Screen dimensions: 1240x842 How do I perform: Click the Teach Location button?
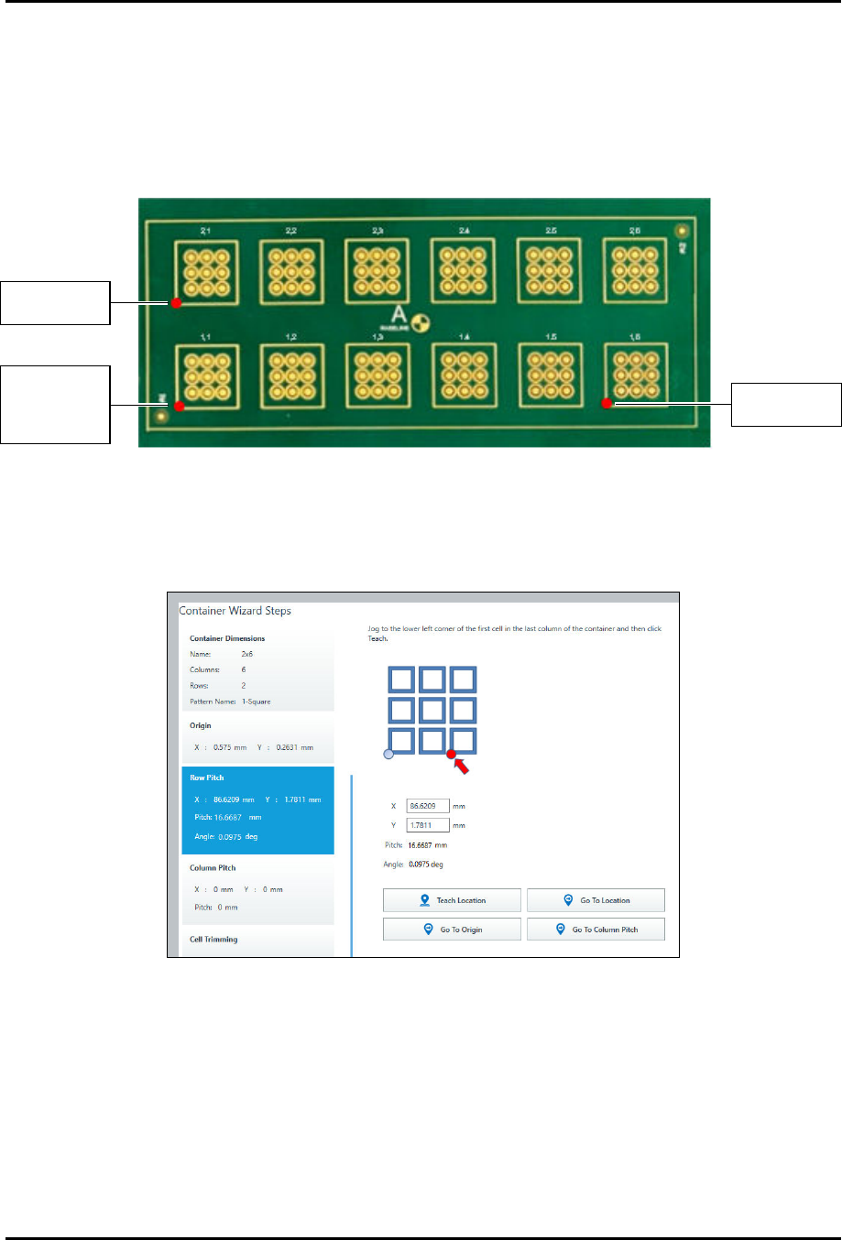point(452,900)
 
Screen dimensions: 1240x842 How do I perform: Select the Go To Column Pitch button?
point(596,930)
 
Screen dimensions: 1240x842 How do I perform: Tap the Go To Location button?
point(596,900)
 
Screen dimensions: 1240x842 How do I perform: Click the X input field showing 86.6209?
point(427,806)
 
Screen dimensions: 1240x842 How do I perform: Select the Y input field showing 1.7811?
point(427,825)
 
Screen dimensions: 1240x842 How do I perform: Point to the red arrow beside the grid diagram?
point(461,764)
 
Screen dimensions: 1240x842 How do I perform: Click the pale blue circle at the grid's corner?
point(388,754)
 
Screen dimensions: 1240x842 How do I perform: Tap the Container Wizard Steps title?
point(235,611)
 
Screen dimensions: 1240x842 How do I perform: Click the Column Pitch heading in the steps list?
point(213,867)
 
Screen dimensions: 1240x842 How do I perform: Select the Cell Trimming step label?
point(213,940)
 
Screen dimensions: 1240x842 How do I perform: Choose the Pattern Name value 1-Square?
point(256,702)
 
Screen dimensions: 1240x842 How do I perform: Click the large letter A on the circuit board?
point(399,314)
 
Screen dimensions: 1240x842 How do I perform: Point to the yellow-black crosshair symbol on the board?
point(422,323)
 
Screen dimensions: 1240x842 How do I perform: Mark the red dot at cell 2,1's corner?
point(176,302)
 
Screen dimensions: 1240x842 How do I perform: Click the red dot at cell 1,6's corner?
point(607,403)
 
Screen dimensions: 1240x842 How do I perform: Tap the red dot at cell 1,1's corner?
point(180,406)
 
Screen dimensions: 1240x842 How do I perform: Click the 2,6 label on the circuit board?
point(635,231)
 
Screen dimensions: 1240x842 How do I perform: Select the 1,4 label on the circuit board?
point(465,337)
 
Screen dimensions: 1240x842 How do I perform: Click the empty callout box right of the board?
point(786,405)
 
